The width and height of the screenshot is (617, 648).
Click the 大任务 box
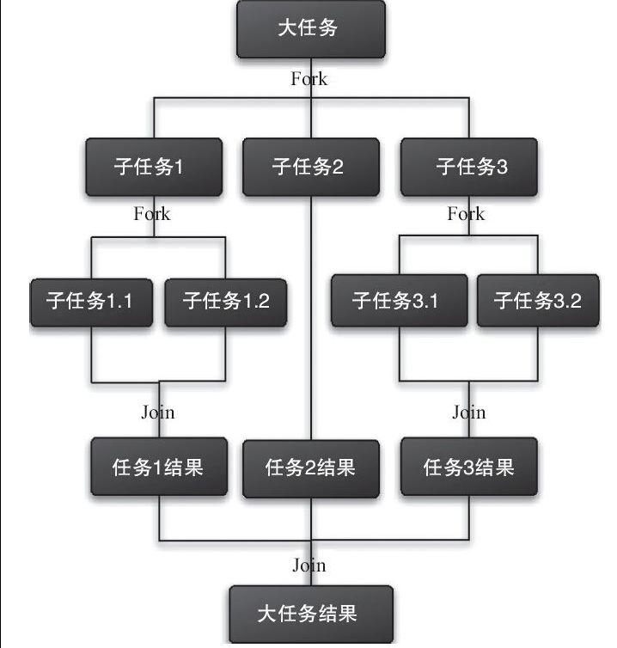coord(310,30)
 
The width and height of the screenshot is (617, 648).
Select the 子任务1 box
coord(154,167)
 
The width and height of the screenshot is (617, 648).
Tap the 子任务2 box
coord(310,167)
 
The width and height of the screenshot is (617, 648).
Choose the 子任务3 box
coord(469,167)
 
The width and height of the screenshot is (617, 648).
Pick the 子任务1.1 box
coord(92,302)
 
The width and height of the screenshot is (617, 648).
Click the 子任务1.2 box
coord(226,302)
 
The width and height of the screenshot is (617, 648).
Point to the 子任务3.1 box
coord(398,302)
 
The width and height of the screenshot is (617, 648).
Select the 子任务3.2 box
coord(539,302)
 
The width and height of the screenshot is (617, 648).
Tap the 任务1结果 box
coord(159,467)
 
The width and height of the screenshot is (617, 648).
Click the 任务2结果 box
coord(311,468)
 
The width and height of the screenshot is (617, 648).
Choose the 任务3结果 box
coord(469,467)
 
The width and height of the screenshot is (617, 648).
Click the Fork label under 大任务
coord(309,79)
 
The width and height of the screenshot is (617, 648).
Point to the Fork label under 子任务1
coord(152,214)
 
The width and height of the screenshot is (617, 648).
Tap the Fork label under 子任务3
coord(466,214)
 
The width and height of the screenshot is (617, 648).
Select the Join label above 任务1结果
coord(158,413)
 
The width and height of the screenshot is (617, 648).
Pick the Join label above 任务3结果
coord(469,413)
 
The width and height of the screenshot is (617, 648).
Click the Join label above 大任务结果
coord(309,565)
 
